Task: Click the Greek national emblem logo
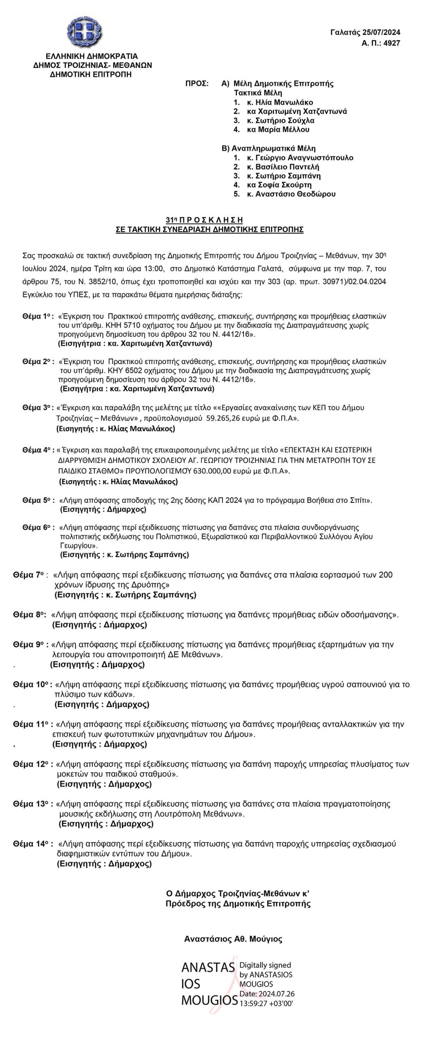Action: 85,32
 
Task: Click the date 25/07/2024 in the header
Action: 382,32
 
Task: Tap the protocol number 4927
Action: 391,43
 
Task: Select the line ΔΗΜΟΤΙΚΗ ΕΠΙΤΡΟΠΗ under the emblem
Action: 91,74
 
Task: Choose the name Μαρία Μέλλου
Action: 284,130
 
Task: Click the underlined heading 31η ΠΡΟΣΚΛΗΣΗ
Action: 205,220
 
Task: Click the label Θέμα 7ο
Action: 29,575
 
